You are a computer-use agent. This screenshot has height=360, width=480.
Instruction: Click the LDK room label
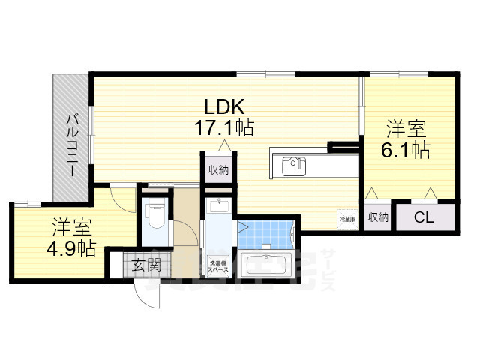pyautogui.click(x=223, y=105)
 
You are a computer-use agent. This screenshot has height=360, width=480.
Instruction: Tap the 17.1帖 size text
pyautogui.click(x=223, y=127)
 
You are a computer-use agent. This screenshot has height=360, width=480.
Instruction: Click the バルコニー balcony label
pyautogui.click(x=71, y=144)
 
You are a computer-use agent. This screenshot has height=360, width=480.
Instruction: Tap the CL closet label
pyautogui.click(x=424, y=217)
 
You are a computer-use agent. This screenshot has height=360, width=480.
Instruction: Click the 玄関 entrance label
pyautogui.click(x=147, y=264)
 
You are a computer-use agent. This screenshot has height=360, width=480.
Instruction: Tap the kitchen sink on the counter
pyautogui.click(x=292, y=165)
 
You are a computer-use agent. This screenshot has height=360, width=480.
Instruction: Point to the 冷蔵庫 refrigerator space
pyautogui.click(x=347, y=218)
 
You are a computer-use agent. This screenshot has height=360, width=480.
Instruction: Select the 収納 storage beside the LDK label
pyautogui.click(x=218, y=169)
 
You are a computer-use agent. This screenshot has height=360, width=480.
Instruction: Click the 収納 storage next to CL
pyautogui.click(x=379, y=217)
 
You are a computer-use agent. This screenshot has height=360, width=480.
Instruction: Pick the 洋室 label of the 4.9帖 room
pyautogui.click(x=73, y=225)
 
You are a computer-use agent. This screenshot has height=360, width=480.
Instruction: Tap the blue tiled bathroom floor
pyautogui.click(x=265, y=231)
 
